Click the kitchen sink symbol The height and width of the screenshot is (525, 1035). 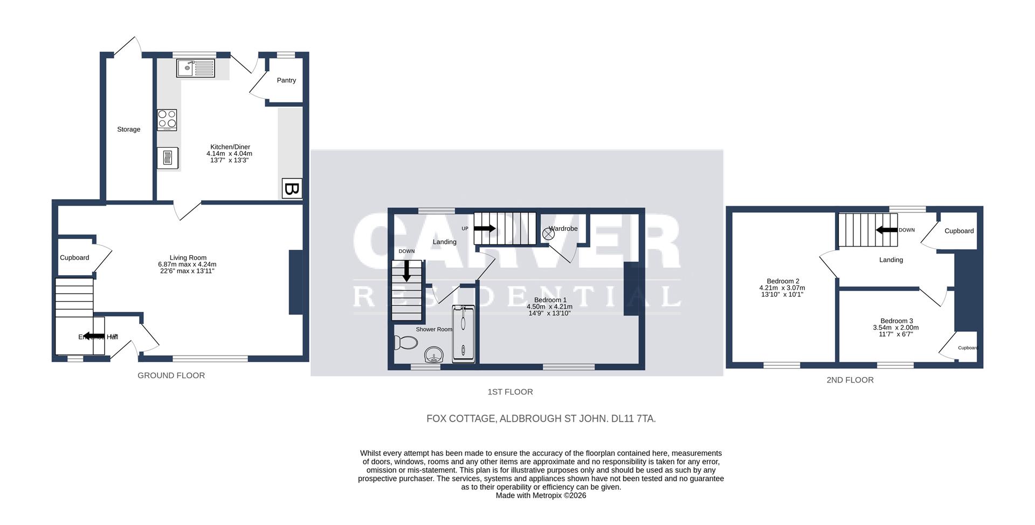click(x=195, y=69)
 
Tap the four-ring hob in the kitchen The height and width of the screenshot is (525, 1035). click(x=167, y=120)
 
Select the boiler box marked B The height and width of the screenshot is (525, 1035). click(x=292, y=189)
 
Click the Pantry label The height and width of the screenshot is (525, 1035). click(x=286, y=80)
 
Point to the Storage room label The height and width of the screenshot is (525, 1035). click(x=129, y=129)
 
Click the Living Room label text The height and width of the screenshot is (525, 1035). click(x=188, y=258)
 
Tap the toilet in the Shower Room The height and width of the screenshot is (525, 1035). click(x=406, y=343)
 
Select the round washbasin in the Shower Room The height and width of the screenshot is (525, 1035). click(x=434, y=356)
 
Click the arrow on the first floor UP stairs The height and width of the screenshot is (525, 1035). click(x=484, y=228)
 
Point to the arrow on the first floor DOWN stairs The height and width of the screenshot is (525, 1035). click(x=406, y=271)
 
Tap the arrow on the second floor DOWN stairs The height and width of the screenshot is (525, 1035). click(x=886, y=230)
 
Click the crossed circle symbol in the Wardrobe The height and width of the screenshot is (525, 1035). click(x=548, y=234)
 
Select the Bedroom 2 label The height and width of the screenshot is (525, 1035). click(x=783, y=281)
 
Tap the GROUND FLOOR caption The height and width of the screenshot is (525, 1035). click(x=171, y=376)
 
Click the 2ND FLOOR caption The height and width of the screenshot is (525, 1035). click(x=850, y=380)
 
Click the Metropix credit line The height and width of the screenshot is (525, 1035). click(x=541, y=495)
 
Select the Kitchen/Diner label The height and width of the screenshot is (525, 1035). click(x=230, y=147)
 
